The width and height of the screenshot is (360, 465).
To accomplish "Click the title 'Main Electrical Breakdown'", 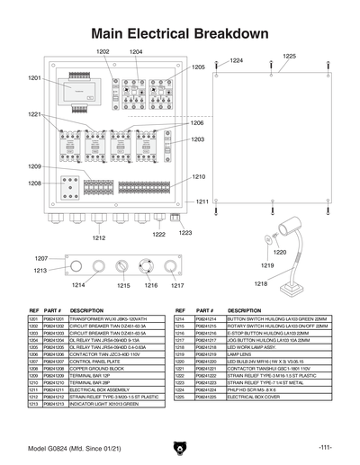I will (180, 33).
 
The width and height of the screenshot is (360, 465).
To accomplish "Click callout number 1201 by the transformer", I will (35, 79).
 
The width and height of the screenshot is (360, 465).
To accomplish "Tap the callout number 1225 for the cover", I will (289, 56).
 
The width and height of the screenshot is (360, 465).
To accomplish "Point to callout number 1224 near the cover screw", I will (237, 60).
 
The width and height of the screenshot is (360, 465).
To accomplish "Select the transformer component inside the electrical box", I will (82, 87).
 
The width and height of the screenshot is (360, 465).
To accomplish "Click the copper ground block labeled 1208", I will (67, 188).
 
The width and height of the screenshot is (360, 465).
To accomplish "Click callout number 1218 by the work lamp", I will (260, 284).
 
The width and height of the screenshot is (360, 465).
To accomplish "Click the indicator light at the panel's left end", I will (76, 266).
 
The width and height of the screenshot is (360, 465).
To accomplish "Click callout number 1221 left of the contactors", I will (34, 115).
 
